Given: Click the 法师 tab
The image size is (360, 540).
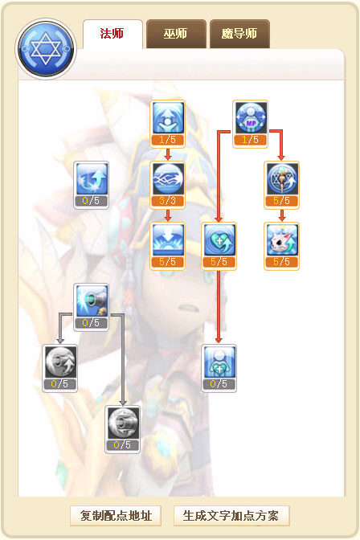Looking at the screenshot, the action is pyautogui.click(x=112, y=34).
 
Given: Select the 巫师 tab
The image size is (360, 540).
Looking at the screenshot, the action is pyautogui.click(x=176, y=34).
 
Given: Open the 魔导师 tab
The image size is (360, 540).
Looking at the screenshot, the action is pyautogui.click(x=239, y=34).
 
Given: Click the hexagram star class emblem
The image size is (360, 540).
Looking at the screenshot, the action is pyautogui.click(x=46, y=49).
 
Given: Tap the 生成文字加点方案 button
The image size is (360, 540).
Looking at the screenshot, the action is pyautogui.click(x=231, y=516).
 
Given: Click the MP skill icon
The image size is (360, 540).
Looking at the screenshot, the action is pyautogui.click(x=251, y=117).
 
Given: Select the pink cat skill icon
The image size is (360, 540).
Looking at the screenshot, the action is pyautogui.click(x=282, y=239).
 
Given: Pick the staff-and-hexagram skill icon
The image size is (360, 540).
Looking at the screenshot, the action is pyautogui.click(x=282, y=178).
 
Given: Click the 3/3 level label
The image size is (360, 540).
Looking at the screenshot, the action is pyautogui.click(x=167, y=201).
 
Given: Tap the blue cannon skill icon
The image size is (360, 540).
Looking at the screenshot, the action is pyautogui.click(x=92, y=301).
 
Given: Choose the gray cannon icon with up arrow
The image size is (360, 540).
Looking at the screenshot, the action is pyautogui.click(x=60, y=362).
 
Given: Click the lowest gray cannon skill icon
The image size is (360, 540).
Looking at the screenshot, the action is pyautogui.click(x=123, y=423).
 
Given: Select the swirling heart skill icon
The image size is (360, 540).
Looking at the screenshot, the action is pyautogui.click(x=219, y=239).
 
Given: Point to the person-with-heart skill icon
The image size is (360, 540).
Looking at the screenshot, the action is pyautogui.click(x=219, y=362).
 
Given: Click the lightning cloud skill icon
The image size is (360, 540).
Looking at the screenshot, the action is pyautogui.click(x=168, y=178).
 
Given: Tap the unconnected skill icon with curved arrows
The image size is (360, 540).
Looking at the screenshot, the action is pyautogui.click(x=92, y=178).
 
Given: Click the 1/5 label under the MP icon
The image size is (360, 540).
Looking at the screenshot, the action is pyautogui.click(x=250, y=140).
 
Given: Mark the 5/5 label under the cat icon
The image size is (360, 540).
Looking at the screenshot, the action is pyautogui.click(x=281, y=262).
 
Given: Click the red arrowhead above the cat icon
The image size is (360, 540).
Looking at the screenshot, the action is pyautogui.click(x=282, y=219).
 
